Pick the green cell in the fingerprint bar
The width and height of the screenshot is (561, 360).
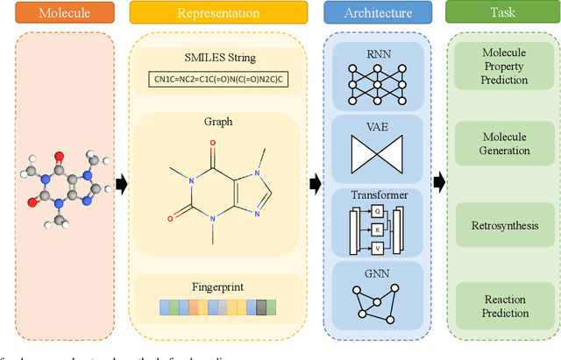[x=271, y=307]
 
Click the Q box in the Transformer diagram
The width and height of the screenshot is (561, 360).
[x=378, y=211]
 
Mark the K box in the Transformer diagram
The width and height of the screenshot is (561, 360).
[x=378, y=229]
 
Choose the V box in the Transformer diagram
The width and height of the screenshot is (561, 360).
[x=378, y=248]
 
